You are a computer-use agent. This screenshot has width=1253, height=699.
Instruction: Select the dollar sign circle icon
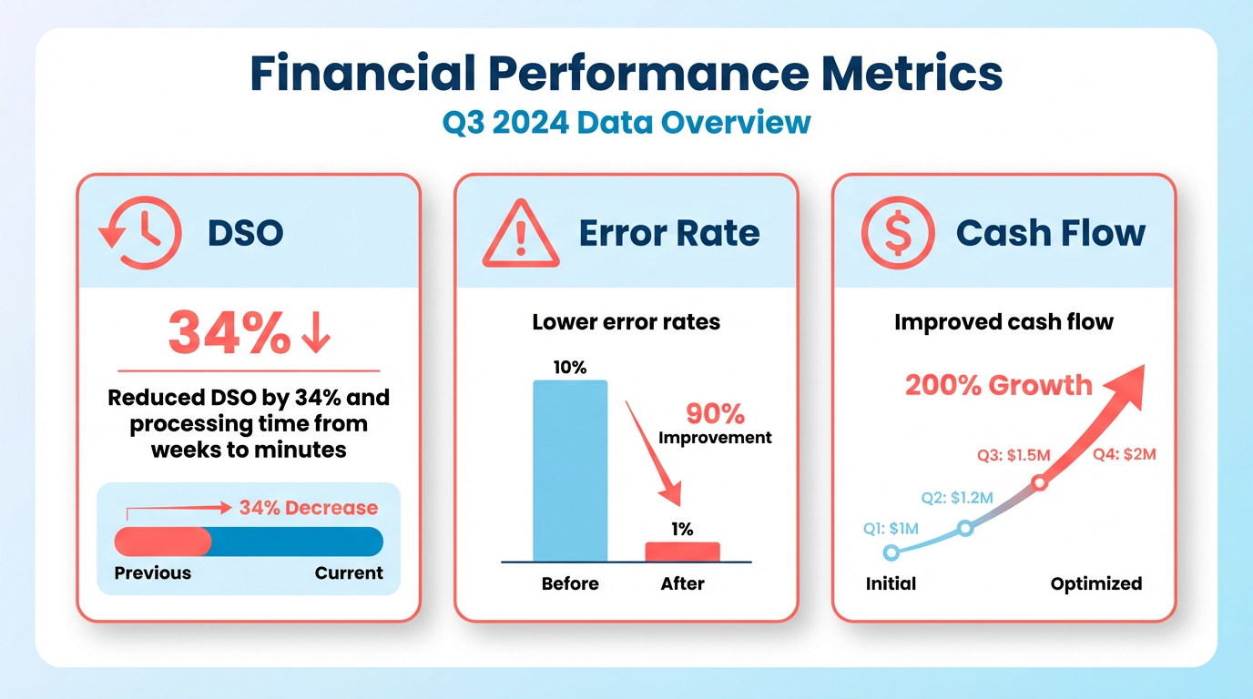click(x=897, y=234)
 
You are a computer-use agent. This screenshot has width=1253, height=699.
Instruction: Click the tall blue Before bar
click(x=570, y=471)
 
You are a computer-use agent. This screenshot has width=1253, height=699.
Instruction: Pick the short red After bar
click(x=682, y=552)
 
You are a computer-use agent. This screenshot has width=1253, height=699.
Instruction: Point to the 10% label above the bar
click(x=570, y=368)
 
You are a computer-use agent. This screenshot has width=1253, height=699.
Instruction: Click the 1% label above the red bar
click(x=682, y=529)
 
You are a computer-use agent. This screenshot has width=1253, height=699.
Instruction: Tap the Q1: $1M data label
click(x=891, y=528)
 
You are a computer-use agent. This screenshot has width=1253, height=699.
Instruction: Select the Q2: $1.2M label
click(x=956, y=498)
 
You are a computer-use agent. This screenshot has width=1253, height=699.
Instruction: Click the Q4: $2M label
click(x=1124, y=454)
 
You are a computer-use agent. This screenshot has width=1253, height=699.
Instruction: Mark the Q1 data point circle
click(x=891, y=552)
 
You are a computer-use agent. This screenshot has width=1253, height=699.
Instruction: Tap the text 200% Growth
click(x=998, y=385)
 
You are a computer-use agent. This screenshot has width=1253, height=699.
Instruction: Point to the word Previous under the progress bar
click(x=153, y=573)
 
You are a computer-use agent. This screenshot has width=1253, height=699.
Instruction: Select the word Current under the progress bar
click(x=349, y=573)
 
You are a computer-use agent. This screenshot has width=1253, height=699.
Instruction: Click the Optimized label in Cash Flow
click(x=1095, y=583)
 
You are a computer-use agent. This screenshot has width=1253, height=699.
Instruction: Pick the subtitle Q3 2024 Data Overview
click(x=626, y=122)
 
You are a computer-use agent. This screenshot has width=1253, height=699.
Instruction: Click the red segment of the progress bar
click(x=162, y=542)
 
